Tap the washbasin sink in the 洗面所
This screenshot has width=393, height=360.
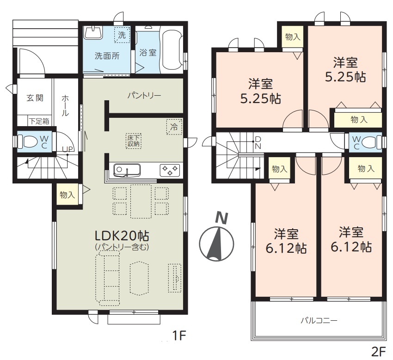click(x=93, y=33)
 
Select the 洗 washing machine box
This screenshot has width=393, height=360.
click(x=122, y=35)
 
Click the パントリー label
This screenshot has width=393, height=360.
click(x=144, y=96)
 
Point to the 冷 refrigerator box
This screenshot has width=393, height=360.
click(x=174, y=127)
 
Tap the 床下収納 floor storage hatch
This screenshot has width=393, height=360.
click(x=134, y=141)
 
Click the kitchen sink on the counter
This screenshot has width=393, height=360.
click(x=127, y=170)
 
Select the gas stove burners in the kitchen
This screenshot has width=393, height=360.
click(x=170, y=170)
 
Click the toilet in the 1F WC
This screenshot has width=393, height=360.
click(x=30, y=142)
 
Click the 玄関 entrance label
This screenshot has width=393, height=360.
click(x=35, y=98)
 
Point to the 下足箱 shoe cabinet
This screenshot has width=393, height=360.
click(x=39, y=121)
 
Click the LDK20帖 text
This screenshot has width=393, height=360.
click(x=122, y=236)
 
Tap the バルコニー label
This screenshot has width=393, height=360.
click(x=319, y=320)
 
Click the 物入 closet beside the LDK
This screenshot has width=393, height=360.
click(x=67, y=194)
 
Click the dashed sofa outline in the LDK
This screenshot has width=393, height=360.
click(x=108, y=279)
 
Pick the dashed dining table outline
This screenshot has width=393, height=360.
click(x=141, y=201)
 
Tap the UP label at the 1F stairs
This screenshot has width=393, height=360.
click(x=68, y=149)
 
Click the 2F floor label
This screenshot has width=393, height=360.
click(x=378, y=353)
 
